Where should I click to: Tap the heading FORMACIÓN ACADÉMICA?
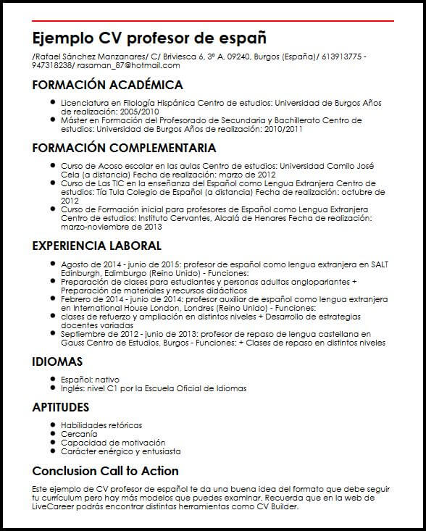107,85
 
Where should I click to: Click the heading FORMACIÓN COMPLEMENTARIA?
124,148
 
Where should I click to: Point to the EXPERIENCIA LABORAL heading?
96,246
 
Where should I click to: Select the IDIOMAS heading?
57,361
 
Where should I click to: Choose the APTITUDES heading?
61,407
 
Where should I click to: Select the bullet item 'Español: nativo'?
90,379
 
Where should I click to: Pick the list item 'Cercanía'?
78,434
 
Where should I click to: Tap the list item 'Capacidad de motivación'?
103,443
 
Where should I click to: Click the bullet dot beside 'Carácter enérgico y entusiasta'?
54,451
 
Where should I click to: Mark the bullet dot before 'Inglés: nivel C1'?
54,388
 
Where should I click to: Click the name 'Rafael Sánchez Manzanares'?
89,56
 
